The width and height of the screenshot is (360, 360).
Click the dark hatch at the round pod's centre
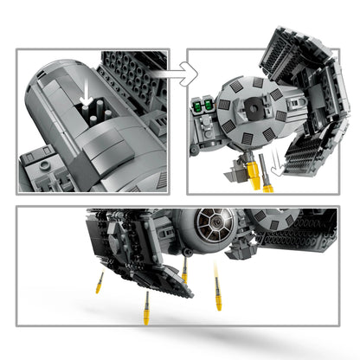[x=254, y=106]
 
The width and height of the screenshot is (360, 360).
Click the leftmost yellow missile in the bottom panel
[x=100, y=282]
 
